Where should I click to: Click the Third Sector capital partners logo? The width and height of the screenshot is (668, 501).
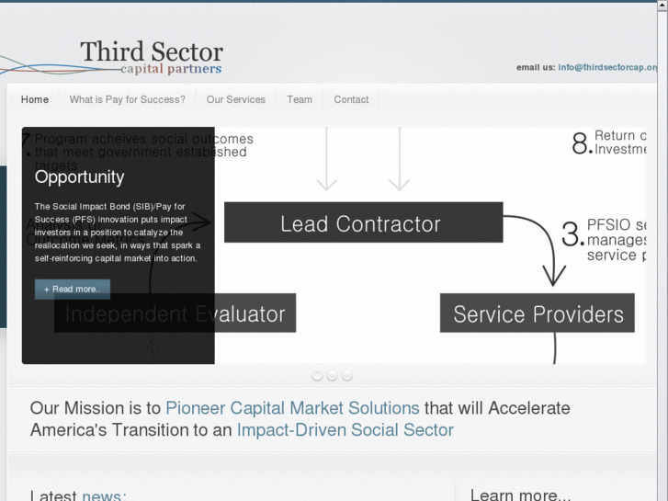coord(151,56)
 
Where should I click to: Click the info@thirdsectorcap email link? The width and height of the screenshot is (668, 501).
coord(607,67)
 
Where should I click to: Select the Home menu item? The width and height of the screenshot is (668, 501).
coord(35,99)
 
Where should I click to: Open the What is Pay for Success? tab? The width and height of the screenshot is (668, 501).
coord(127,99)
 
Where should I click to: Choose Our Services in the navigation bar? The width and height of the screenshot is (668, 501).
coord(235,99)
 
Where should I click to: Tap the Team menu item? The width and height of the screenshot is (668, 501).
coord(300,99)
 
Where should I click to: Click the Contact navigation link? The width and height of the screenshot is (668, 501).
coord(351,99)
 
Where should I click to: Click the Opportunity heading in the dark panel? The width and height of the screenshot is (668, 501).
coord(79,176)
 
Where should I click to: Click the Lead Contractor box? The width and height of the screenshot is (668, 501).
coord(362,223)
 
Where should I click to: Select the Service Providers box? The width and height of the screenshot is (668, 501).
coord(538,314)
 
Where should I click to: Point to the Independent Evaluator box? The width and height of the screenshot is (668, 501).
coord(175,314)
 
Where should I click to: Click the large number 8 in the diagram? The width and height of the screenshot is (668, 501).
coord(581,143)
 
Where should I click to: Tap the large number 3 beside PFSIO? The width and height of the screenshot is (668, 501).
coord(572,233)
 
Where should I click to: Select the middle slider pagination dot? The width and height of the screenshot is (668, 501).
coord(332,375)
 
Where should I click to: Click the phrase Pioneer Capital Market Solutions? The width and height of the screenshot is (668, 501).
coord(292,407)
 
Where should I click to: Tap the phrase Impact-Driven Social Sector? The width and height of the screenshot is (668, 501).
coord(345,429)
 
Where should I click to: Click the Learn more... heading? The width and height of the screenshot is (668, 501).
coord(520,495)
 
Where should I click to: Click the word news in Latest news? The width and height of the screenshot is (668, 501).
coord(101,495)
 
